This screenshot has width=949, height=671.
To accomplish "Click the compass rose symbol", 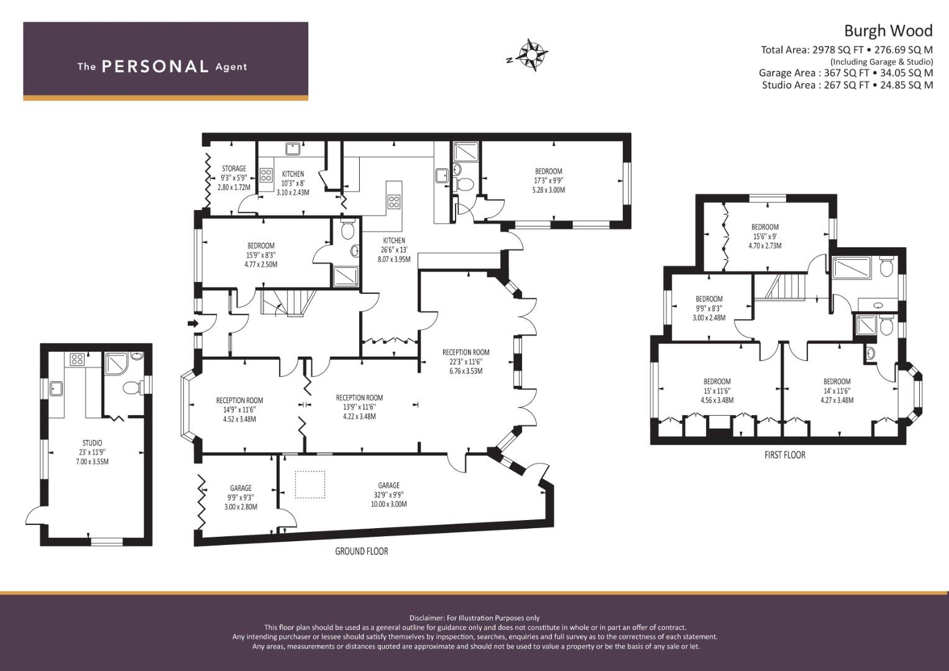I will click(x=532, y=54).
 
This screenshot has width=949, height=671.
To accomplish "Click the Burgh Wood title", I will click(x=887, y=31).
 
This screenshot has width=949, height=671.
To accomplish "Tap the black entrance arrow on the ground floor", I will click(x=193, y=323).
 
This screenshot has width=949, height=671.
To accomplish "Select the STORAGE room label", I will click(x=234, y=168).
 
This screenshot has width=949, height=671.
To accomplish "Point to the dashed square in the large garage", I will click(x=309, y=485).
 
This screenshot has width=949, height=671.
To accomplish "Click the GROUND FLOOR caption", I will click(x=361, y=551).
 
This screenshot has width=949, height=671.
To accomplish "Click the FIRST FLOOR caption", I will click(x=784, y=455).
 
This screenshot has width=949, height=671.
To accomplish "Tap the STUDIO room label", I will click(x=92, y=443).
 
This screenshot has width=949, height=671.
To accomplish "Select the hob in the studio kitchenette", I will click(x=77, y=359).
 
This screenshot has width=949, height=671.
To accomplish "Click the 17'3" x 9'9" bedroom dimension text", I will click(x=548, y=181).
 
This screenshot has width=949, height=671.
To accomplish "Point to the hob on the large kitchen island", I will click(x=394, y=201).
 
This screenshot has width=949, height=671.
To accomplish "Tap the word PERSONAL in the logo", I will click(x=155, y=66).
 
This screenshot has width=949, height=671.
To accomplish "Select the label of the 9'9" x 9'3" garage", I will click(x=241, y=488).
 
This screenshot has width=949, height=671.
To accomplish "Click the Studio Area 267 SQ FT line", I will click(x=847, y=85).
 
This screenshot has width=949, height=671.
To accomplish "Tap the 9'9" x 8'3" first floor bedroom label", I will click(x=708, y=299).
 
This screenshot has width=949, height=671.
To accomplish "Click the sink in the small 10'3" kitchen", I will click(x=292, y=148).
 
